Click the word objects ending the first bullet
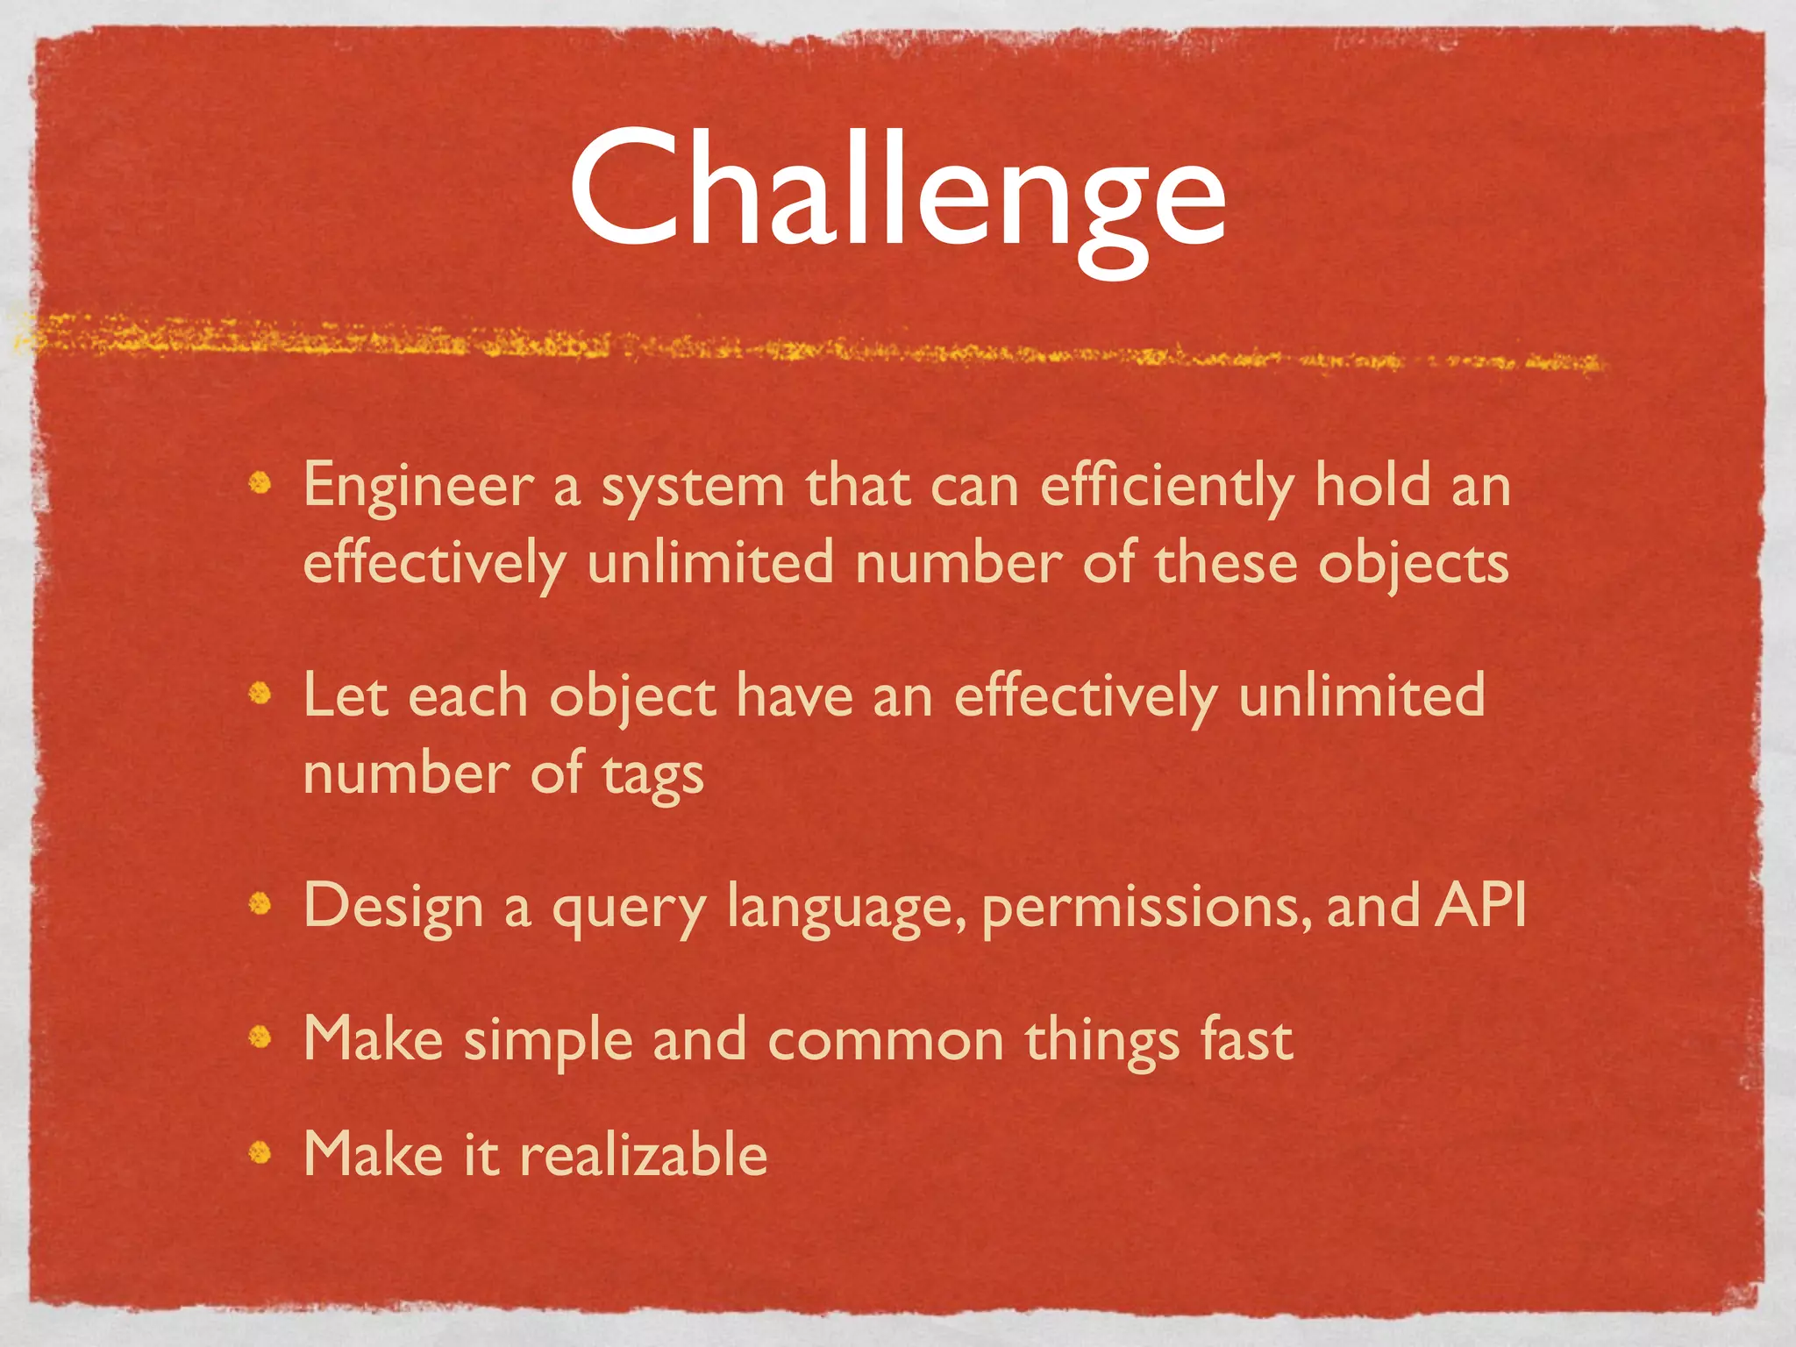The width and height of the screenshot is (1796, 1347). [x=1413, y=564]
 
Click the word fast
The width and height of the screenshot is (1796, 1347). [x=1246, y=1040]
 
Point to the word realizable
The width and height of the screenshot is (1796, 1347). [x=644, y=1154]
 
